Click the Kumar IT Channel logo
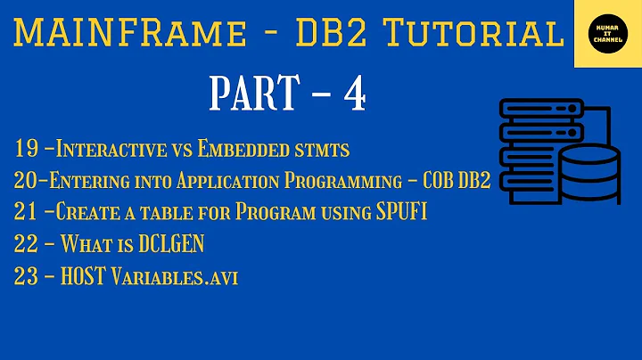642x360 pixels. click(x=606, y=34)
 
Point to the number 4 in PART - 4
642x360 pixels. click(x=355, y=94)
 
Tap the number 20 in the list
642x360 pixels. click(x=27, y=181)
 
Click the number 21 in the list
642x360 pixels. click(x=26, y=213)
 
